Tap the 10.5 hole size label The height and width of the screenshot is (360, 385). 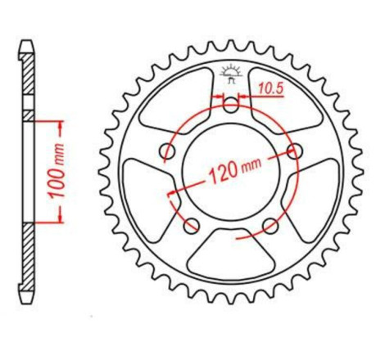click(x=268, y=83)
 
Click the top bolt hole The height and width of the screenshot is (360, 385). click(x=233, y=104)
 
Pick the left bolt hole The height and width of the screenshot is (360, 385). click(x=169, y=151)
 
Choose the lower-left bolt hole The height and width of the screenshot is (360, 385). click(x=193, y=225)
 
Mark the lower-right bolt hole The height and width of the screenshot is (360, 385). click(x=271, y=225)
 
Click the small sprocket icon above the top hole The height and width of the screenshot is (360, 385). click(x=233, y=74)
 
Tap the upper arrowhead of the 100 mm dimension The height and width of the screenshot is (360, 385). click(x=60, y=124)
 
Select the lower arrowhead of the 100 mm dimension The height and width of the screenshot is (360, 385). click(x=60, y=218)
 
